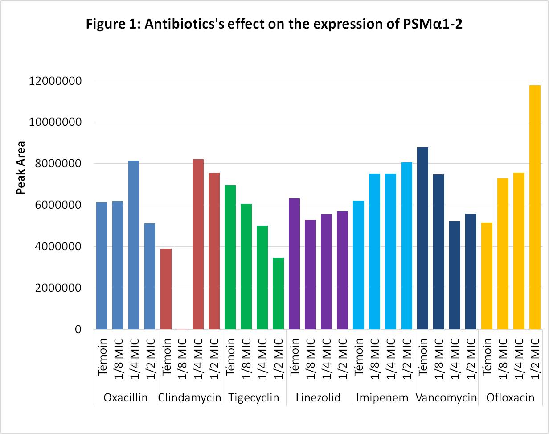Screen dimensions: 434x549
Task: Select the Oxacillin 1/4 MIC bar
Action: click(134, 245)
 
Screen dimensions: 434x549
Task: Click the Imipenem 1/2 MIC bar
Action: click(406, 246)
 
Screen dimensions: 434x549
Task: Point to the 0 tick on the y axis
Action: click(78, 330)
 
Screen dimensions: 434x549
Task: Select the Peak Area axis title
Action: click(20, 168)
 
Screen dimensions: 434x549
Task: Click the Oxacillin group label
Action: click(125, 398)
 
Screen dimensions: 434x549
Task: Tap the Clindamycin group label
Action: click(190, 398)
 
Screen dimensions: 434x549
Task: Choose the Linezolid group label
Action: click(318, 398)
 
